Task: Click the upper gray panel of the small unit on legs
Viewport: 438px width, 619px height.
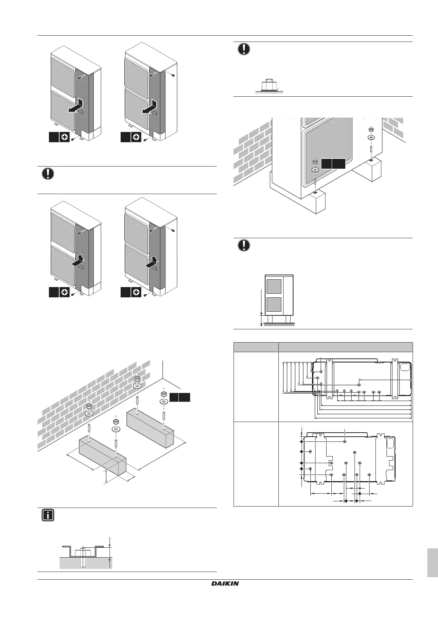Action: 274,287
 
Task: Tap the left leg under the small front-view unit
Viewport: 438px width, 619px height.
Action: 270,319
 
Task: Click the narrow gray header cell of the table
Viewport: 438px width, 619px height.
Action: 256,347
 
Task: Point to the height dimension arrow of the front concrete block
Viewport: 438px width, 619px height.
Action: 106,477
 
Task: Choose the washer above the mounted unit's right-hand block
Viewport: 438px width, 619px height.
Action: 371,137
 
